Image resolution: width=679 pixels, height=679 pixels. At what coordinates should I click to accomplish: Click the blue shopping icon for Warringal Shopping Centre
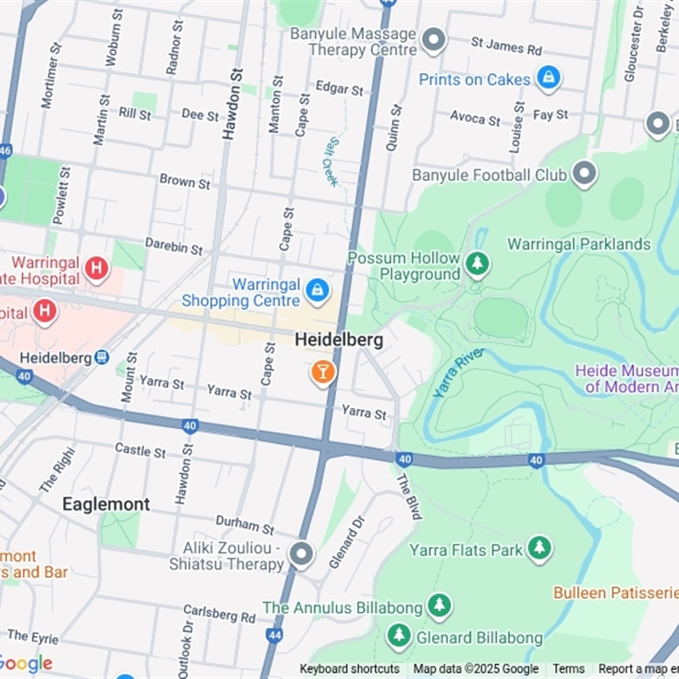click(x=317, y=290)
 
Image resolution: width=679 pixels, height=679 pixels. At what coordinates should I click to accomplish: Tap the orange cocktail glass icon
click(x=323, y=371)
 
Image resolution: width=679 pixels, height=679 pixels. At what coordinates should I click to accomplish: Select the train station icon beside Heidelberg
click(x=102, y=358)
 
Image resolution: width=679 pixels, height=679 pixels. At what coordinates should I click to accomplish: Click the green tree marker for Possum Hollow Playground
click(x=478, y=265)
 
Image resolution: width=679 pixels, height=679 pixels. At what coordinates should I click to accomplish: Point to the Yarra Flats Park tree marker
click(x=539, y=549)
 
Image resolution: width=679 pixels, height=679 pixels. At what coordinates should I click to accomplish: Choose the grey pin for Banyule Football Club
click(x=584, y=175)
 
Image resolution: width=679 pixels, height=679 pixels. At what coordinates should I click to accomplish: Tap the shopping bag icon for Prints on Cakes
click(x=548, y=79)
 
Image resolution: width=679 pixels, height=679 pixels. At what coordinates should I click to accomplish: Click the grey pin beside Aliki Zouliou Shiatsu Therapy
click(x=300, y=555)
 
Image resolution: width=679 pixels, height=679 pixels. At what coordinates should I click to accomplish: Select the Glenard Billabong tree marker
click(x=398, y=636)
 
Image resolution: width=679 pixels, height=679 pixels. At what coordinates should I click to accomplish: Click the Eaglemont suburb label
click(x=106, y=504)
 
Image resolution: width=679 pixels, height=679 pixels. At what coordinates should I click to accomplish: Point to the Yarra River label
click(x=458, y=372)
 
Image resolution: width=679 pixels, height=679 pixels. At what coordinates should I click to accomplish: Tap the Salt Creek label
click(x=330, y=161)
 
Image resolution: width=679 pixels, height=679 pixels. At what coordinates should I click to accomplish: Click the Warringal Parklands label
click(x=579, y=244)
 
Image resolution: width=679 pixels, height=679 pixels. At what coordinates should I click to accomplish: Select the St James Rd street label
click(x=506, y=46)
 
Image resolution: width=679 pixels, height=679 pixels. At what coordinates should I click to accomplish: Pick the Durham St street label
click(x=244, y=525)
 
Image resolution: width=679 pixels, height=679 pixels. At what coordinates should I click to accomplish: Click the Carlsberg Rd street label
click(x=219, y=614)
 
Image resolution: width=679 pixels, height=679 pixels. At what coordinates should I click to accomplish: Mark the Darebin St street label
click(x=173, y=247)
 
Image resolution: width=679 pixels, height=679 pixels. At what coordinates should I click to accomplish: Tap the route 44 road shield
click(x=273, y=634)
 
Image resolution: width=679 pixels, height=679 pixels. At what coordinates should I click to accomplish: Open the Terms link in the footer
click(x=569, y=669)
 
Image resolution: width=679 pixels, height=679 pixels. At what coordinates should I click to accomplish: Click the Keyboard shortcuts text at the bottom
click(x=349, y=669)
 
